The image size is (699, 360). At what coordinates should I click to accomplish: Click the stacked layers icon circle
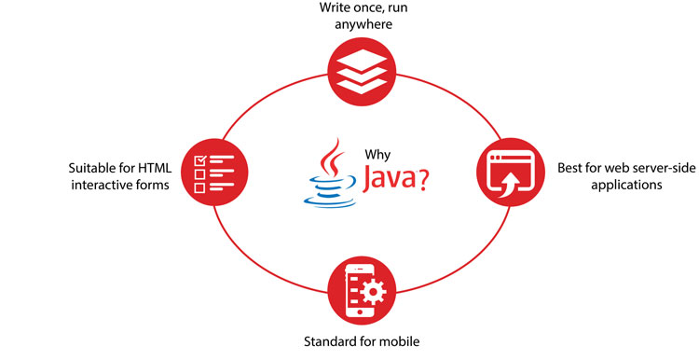tap(349, 72)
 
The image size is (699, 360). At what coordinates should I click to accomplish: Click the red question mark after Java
tap(424, 178)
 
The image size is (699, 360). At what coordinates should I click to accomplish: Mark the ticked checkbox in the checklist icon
tap(199, 160)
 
